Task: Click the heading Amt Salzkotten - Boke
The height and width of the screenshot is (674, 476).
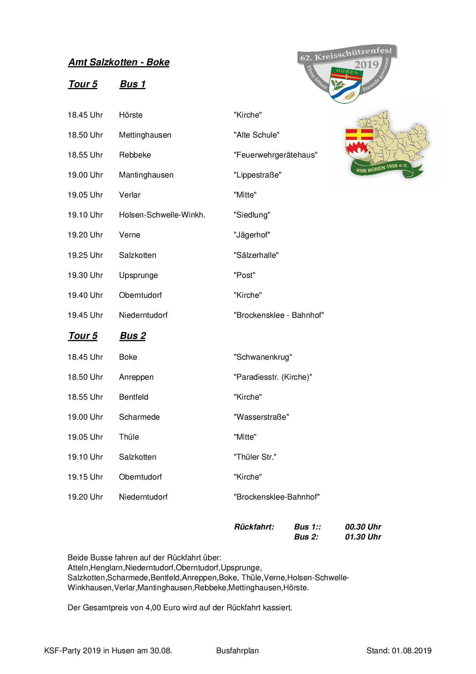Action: (119, 62)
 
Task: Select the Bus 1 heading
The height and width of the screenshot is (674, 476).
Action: (132, 84)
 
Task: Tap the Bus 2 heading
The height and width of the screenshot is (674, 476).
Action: (133, 336)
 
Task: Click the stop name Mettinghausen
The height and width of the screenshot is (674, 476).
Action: (145, 135)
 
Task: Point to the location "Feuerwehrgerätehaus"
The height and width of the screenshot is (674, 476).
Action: (275, 155)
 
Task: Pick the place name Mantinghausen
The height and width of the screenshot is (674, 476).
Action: (146, 175)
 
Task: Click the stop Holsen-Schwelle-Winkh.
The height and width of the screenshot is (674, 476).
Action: (162, 215)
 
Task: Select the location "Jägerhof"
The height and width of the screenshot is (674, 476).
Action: (252, 235)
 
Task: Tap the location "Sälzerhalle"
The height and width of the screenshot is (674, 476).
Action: (256, 255)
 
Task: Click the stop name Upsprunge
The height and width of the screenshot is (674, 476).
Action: (138, 276)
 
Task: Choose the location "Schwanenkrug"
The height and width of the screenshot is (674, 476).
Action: (263, 357)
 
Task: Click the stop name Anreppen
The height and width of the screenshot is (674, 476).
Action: (136, 377)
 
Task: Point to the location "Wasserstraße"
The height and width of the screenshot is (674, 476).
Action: (261, 417)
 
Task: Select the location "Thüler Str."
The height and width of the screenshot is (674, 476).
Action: (255, 457)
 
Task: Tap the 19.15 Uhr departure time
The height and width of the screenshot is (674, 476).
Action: (85, 477)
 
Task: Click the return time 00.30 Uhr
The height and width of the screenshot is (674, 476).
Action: (363, 527)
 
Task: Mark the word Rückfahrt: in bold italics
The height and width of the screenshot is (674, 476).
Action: (254, 527)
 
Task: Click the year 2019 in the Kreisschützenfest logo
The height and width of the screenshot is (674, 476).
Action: (366, 65)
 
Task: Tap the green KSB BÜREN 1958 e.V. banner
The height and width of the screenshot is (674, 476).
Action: (382, 168)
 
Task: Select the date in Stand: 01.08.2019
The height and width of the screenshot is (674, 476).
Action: (412, 651)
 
